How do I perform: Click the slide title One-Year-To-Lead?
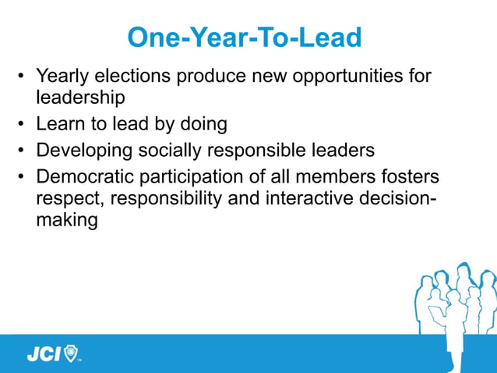point(244,37)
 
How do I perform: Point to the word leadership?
point(80,98)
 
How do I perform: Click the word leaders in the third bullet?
point(342,149)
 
